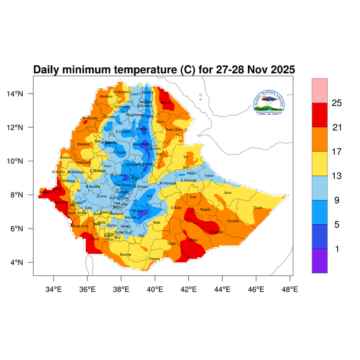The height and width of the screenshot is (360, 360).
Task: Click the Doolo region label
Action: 258,208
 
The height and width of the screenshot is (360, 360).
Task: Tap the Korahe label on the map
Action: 233,221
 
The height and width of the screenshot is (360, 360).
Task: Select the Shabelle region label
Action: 216,232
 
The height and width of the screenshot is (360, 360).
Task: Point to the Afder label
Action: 193,240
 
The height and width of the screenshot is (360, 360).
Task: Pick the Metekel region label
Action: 83,144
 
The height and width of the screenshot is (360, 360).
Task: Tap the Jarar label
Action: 227,193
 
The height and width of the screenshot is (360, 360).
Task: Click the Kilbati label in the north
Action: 166,103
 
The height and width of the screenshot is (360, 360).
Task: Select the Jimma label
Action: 101,196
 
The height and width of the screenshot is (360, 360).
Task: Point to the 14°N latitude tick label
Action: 22,94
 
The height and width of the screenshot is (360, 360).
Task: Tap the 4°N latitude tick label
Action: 24,262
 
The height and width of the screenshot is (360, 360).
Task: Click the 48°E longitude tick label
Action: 290,288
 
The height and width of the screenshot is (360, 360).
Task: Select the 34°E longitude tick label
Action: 54,288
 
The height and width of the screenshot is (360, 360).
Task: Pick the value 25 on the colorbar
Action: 337,103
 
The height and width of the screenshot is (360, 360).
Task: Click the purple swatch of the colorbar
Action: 319,260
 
